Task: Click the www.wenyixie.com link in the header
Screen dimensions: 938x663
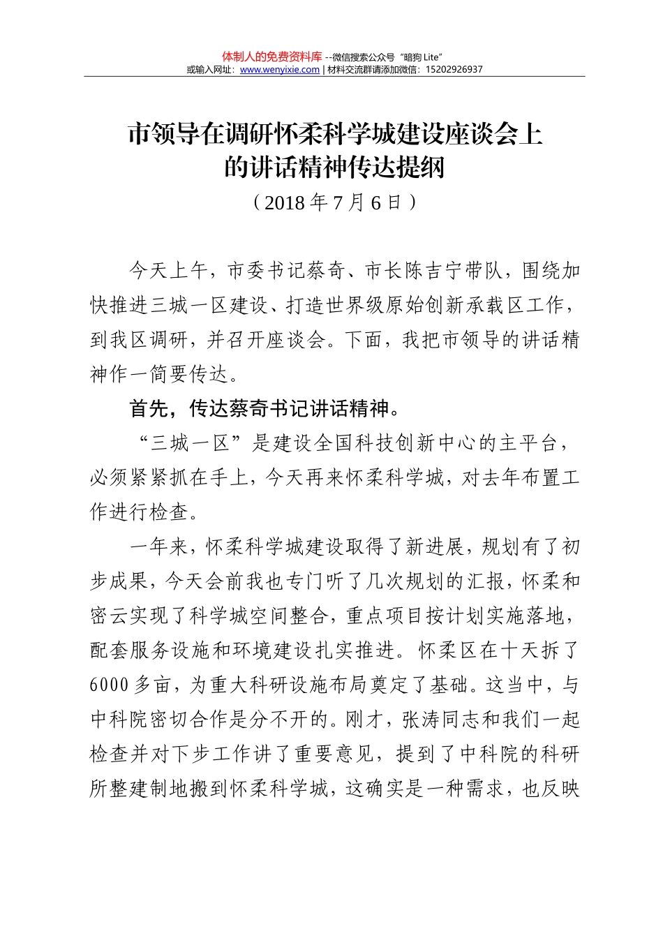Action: click(x=279, y=70)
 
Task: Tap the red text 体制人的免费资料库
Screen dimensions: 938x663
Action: click(x=271, y=57)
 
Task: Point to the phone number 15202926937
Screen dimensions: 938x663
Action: click(x=453, y=70)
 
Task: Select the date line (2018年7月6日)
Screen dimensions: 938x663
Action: click(x=334, y=202)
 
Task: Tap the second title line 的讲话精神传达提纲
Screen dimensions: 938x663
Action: click(x=334, y=167)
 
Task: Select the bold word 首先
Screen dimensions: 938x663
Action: click(x=149, y=409)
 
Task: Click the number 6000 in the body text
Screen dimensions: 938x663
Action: click(x=109, y=685)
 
